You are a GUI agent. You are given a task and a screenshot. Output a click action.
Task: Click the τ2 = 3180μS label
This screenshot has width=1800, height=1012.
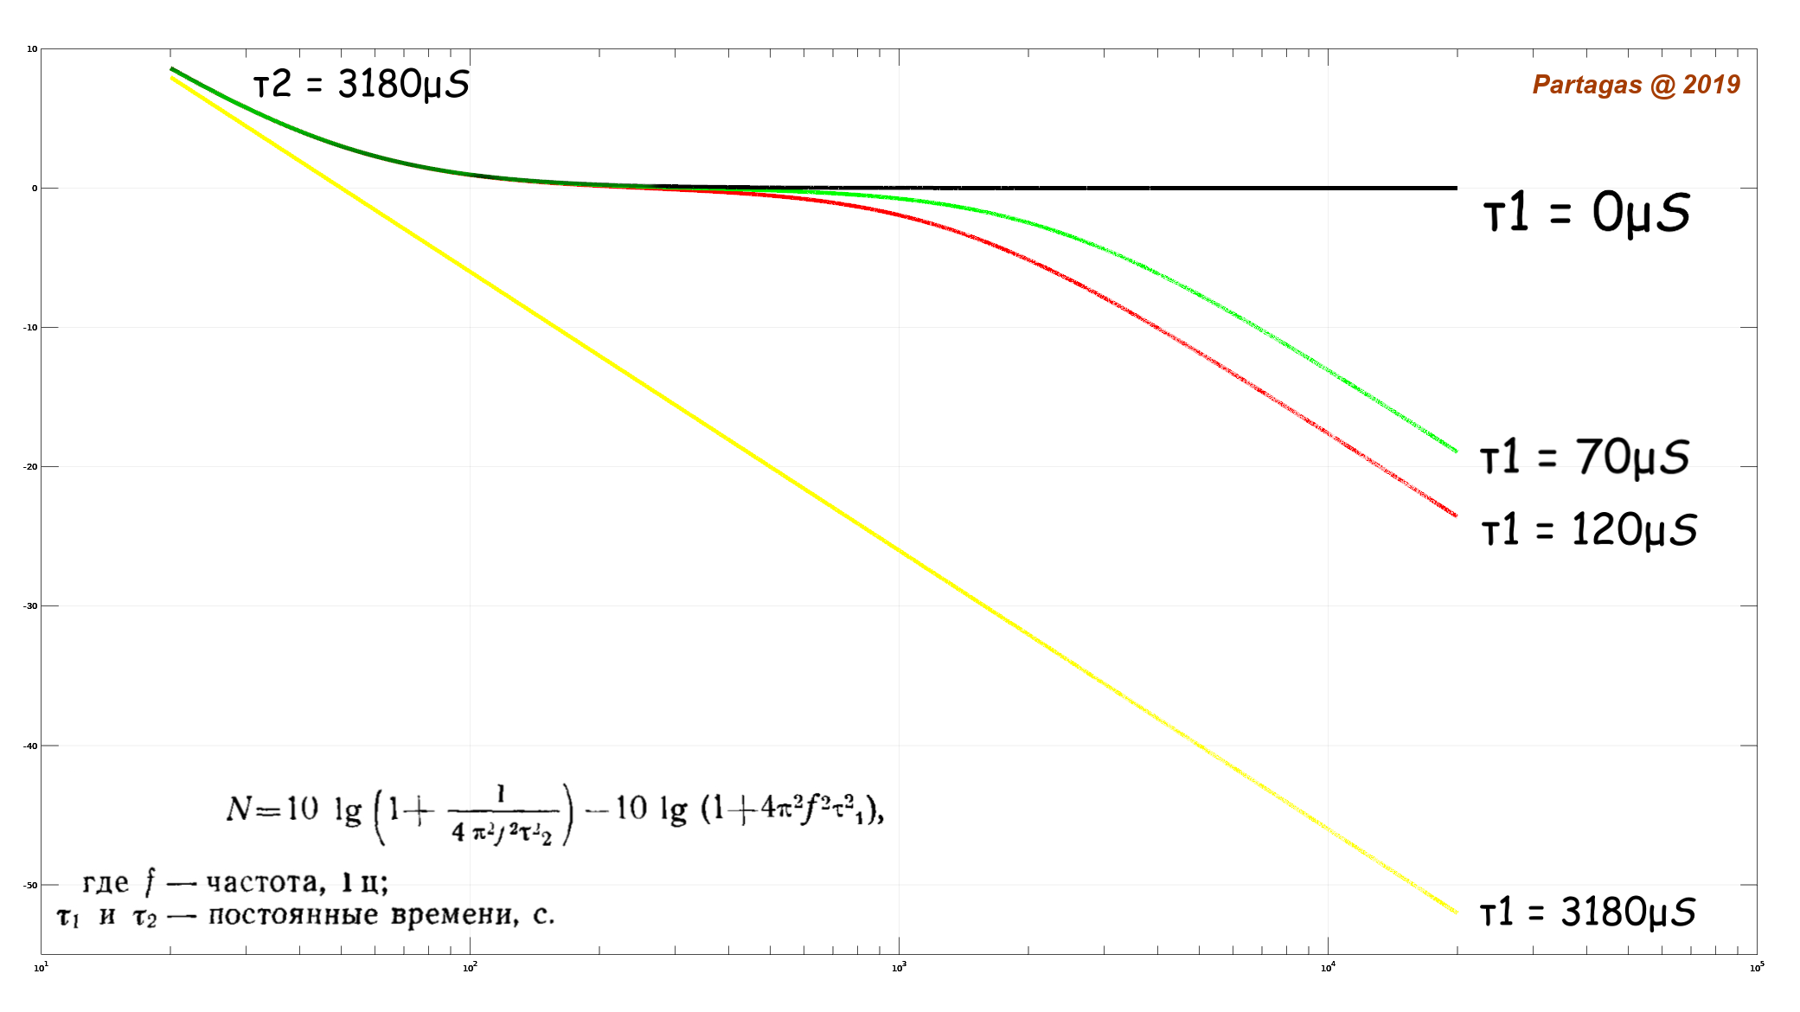point(361,85)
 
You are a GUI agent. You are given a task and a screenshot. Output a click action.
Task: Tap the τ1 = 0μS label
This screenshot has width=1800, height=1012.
point(1586,213)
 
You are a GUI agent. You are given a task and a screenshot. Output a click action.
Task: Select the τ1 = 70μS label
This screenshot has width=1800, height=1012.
point(1585,457)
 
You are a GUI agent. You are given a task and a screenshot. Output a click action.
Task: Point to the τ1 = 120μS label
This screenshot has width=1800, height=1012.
point(1589,529)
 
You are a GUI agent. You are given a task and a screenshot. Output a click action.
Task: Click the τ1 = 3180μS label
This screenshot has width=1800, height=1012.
point(1587,913)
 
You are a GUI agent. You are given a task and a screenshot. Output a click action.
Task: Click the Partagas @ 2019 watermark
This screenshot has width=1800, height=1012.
point(1636,85)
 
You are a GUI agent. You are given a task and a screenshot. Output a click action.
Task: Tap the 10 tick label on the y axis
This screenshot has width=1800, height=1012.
point(32,49)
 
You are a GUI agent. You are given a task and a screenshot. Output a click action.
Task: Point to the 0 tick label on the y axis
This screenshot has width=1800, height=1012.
point(35,189)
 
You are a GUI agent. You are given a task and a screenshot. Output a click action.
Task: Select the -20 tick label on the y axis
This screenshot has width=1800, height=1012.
point(30,467)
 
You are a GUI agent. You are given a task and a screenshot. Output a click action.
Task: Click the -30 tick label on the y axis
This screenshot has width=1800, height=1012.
point(30,606)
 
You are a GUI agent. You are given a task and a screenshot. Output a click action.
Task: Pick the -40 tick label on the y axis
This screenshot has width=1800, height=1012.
point(30,746)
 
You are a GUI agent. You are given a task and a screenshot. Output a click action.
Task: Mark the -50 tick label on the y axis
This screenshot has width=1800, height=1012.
point(30,885)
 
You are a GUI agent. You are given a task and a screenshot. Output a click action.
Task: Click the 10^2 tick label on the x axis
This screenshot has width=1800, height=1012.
point(470,967)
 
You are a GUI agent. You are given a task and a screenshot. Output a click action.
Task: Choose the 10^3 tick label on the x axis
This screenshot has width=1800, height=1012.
point(899,967)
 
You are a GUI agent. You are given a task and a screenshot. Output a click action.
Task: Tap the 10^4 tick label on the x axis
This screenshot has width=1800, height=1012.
point(1328,967)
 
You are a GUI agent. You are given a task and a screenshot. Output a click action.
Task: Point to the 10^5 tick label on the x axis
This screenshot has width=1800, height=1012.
point(1757,967)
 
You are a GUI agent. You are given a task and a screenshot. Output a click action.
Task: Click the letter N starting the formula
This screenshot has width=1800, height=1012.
point(239,810)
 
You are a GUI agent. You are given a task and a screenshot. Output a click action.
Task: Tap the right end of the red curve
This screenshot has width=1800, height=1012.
point(1456,516)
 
